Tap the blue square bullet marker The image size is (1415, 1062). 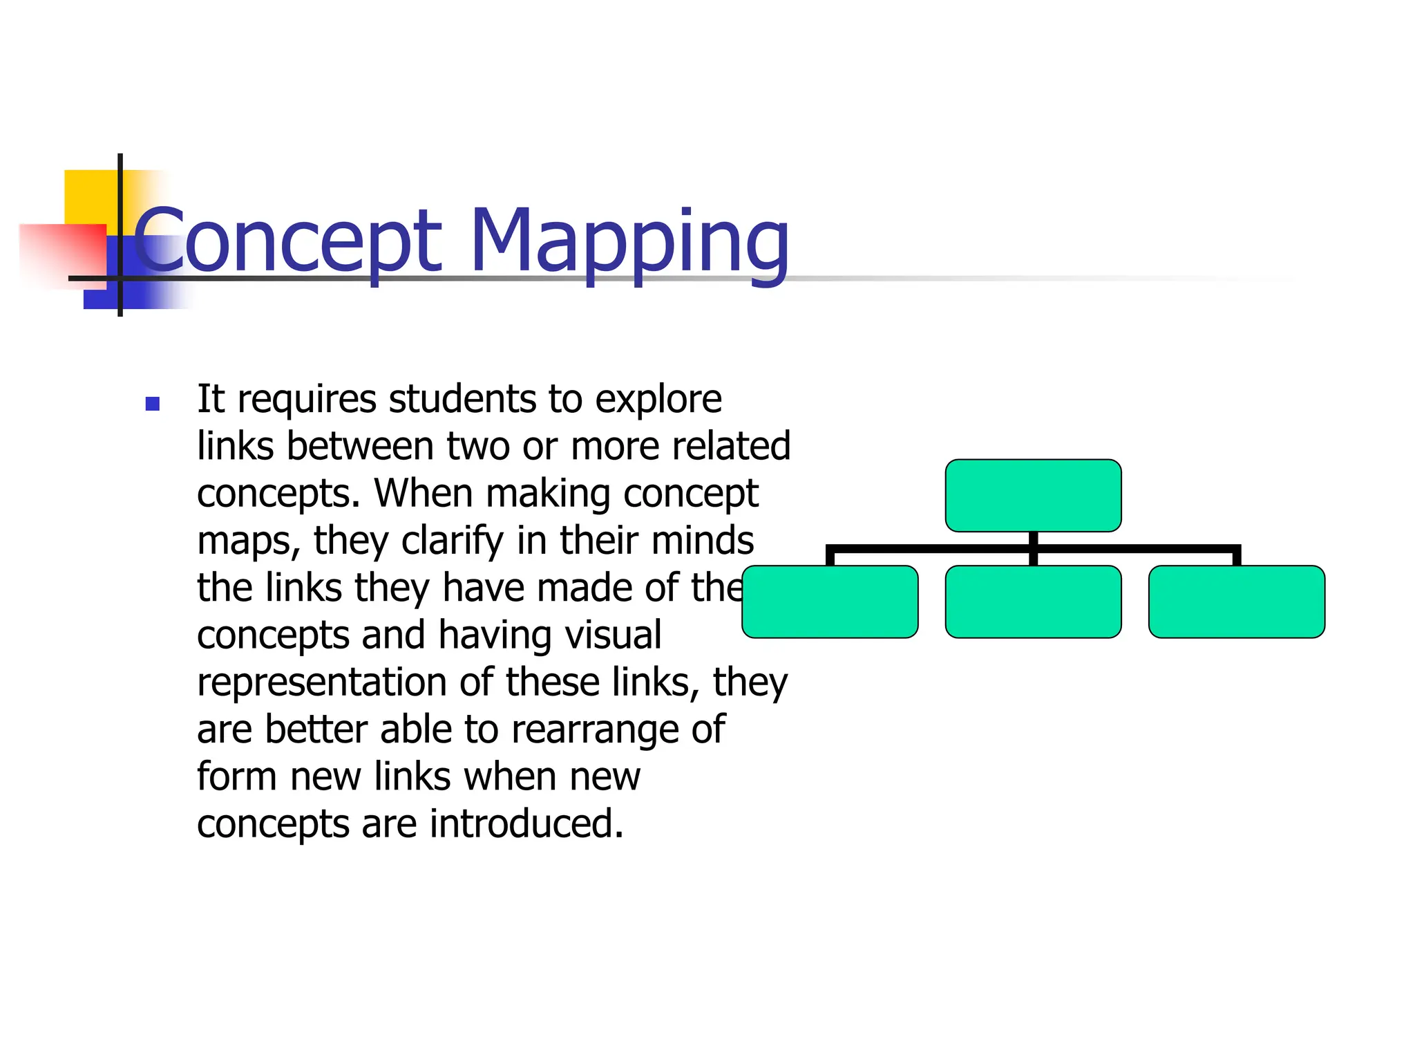[153, 404]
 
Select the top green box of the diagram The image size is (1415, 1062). [1033, 495]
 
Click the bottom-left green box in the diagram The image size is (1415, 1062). [830, 602]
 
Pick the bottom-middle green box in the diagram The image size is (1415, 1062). [1033, 602]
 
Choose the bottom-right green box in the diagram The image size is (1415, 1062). [1236, 602]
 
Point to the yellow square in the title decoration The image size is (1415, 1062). [90, 197]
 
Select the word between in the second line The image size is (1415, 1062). [360, 446]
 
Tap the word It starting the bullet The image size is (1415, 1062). [211, 399]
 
